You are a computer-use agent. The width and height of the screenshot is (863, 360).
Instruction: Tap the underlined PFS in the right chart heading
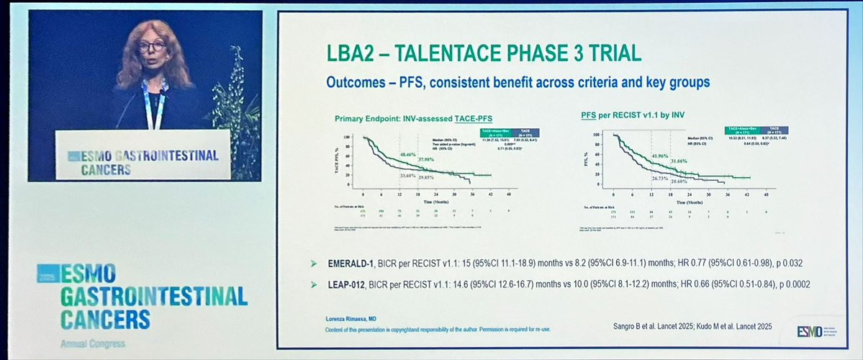[x=590, y=115]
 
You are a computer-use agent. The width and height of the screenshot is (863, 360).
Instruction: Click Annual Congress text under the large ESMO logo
[x=82, y=344]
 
